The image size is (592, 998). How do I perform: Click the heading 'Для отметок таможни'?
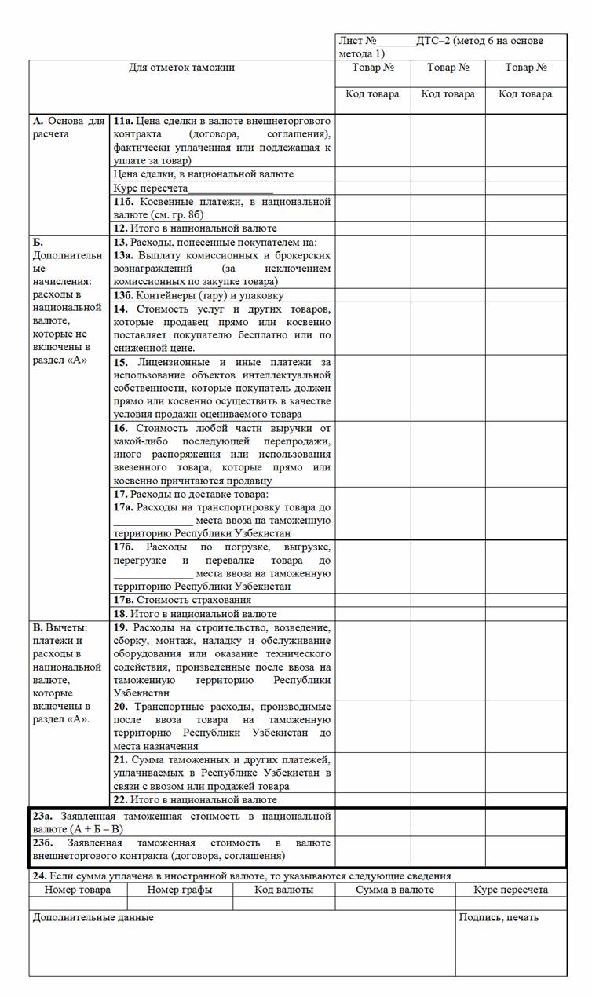pos(181,68)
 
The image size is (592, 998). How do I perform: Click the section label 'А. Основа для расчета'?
pos(68,127)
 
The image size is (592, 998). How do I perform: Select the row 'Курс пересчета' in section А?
pos(193,188)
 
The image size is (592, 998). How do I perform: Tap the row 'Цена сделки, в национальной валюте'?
pos(203,174)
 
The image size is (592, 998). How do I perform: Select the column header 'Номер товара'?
pos(77,890)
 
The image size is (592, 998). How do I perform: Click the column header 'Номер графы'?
pos(179,890)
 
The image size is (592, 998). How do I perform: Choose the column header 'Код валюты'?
pos(283,890)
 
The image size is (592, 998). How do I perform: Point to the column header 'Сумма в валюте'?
pos(394,890)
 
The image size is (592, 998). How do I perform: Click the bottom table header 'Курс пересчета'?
pos(510,890)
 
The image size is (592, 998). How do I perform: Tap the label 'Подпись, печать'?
pos(499,917)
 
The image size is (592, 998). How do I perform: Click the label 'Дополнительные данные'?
pos(93,917)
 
